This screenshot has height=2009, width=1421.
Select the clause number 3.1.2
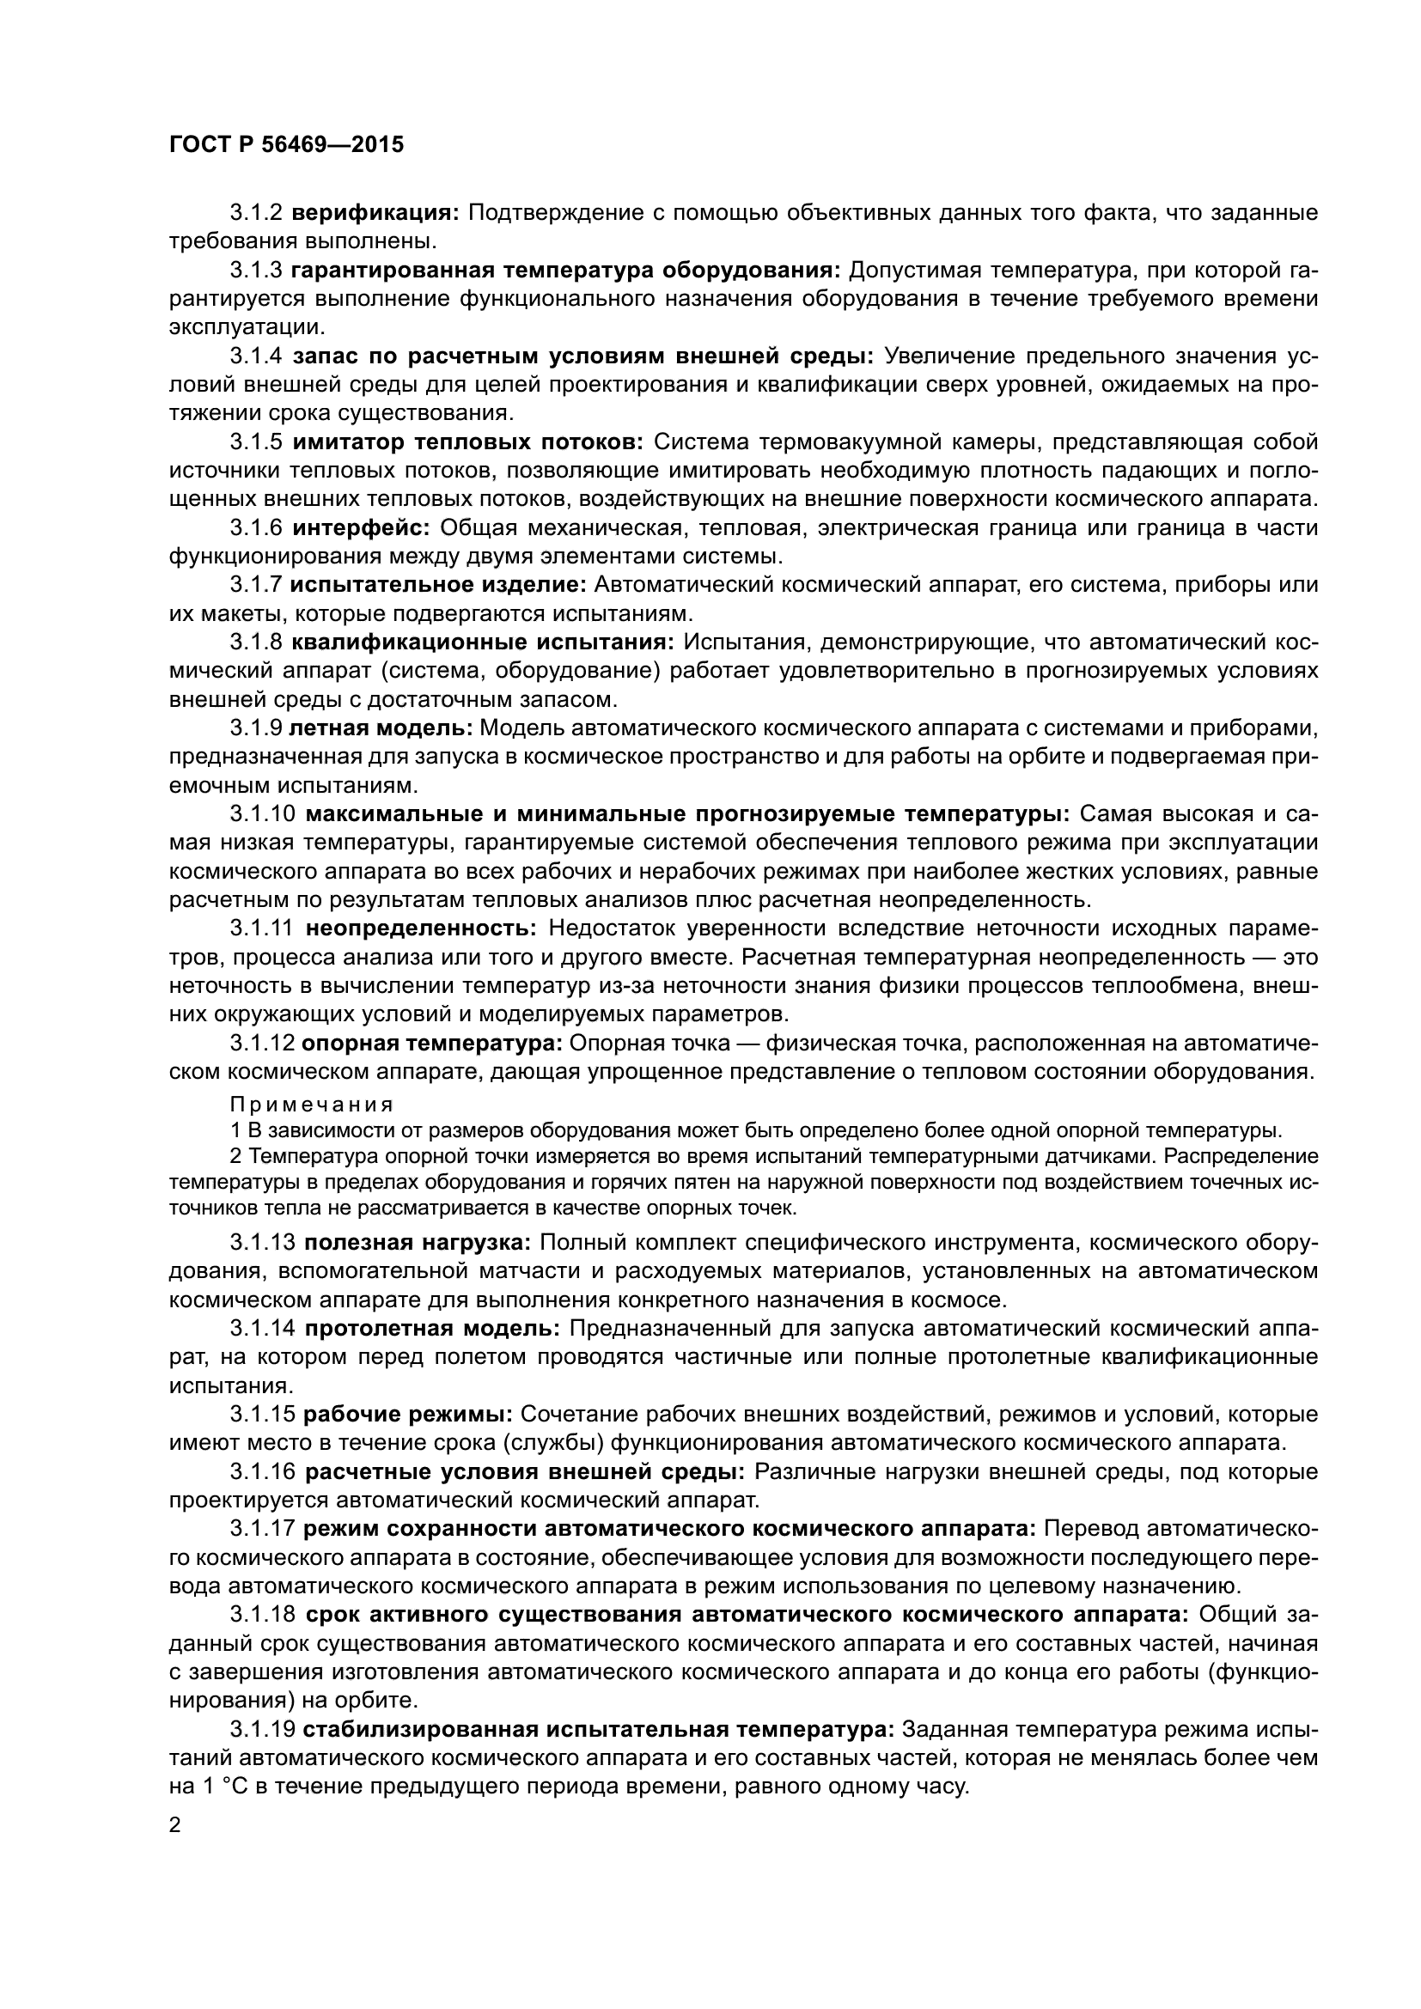click(256, 213)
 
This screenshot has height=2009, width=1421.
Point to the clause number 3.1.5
click(256, 441)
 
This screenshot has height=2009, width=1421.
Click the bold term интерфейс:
click(361, 528)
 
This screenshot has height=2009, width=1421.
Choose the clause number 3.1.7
click(256, 586)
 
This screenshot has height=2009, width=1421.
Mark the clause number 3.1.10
click(264, 814)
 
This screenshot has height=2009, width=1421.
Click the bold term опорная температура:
click(432, 1044)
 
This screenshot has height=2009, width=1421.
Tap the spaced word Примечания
click(312, 1104)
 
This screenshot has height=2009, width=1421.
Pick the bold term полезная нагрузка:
click(418, 1243)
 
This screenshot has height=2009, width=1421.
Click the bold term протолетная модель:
click(432, 1328)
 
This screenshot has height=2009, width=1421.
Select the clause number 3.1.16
click(264, 1472)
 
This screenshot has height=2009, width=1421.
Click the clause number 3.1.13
click(264, 1243)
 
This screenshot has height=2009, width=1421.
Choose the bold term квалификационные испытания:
click(482, 642)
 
